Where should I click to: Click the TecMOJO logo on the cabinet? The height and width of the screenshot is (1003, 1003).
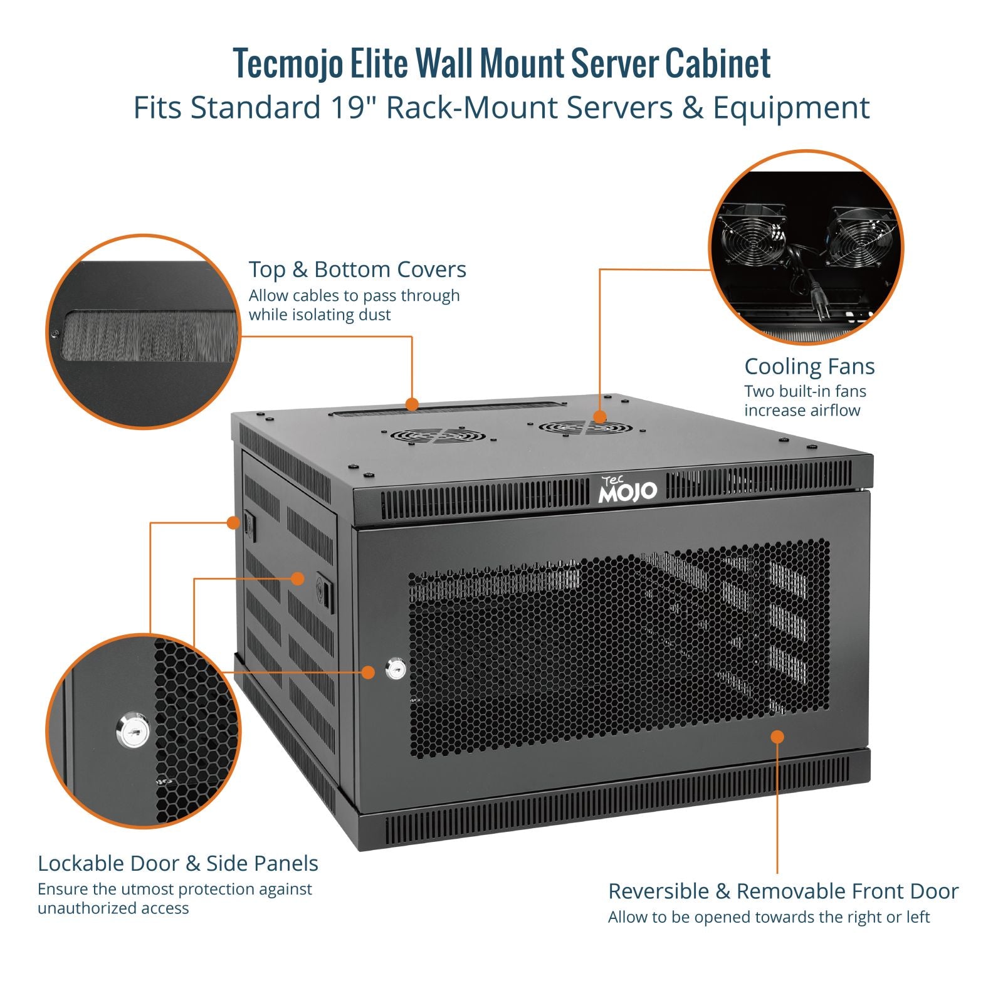point(628,490)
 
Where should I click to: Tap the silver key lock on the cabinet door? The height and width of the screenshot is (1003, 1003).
point(396,669)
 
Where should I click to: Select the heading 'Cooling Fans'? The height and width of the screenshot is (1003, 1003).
point(809,366)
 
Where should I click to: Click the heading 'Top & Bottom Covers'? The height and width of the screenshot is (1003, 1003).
point(357,270)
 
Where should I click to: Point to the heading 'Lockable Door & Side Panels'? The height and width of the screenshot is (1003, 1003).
point(178,863)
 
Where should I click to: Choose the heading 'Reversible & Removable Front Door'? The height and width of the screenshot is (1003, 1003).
point(783,891)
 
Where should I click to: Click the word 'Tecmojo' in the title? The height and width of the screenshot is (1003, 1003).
point(288,63)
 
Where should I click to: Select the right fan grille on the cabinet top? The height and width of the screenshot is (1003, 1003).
point(586,428)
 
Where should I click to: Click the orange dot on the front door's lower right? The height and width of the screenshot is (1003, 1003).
point(777,737)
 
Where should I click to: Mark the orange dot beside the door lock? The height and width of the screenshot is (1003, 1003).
point(369,672)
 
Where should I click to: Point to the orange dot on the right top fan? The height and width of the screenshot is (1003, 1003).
point(600,417)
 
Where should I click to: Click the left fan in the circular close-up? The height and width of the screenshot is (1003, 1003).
point(752,236)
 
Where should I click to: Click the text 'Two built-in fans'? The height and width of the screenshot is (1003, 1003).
point(805,391)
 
